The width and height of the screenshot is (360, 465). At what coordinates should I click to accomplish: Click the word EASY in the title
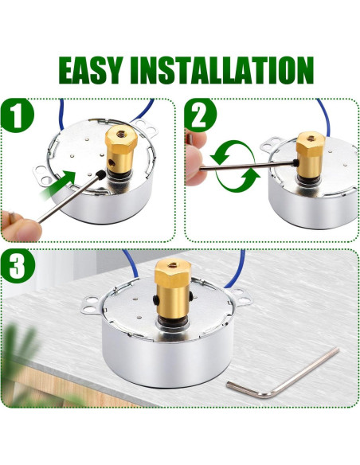pos(94,70)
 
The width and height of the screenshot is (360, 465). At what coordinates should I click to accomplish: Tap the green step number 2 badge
pos(201,119)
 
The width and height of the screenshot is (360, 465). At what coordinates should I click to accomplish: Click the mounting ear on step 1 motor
pos(144,126)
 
